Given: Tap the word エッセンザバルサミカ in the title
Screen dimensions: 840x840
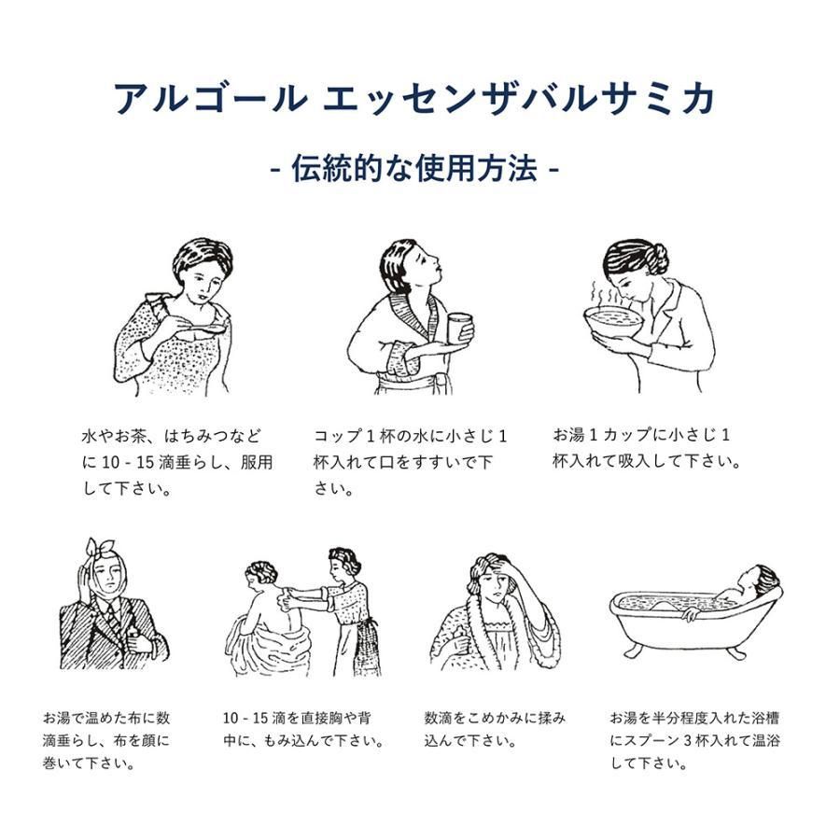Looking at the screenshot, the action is pos(519,99).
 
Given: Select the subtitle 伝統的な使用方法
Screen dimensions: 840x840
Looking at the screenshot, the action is pos(414,169).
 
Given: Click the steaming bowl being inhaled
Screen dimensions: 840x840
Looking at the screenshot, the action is pos(613,320).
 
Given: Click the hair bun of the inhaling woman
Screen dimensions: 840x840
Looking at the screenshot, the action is pos(658,258).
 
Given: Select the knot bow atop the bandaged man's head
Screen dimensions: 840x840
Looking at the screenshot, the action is pos(100,547).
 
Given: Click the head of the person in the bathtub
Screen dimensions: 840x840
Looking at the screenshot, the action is pos(761,580).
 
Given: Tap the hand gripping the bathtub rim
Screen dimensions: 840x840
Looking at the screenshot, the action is pos(691,614).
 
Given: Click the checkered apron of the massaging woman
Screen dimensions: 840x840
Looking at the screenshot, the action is pos(364,646).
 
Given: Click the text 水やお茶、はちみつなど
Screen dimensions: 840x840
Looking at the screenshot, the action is pos(172,436).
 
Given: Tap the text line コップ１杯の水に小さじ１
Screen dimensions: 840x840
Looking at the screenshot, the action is pos(410,436).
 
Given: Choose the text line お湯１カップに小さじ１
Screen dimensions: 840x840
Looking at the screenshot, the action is pos(641,434).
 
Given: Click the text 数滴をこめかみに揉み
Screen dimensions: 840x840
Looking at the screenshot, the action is pos(495,718).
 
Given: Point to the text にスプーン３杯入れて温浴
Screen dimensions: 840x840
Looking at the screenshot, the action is pos(694,740).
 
